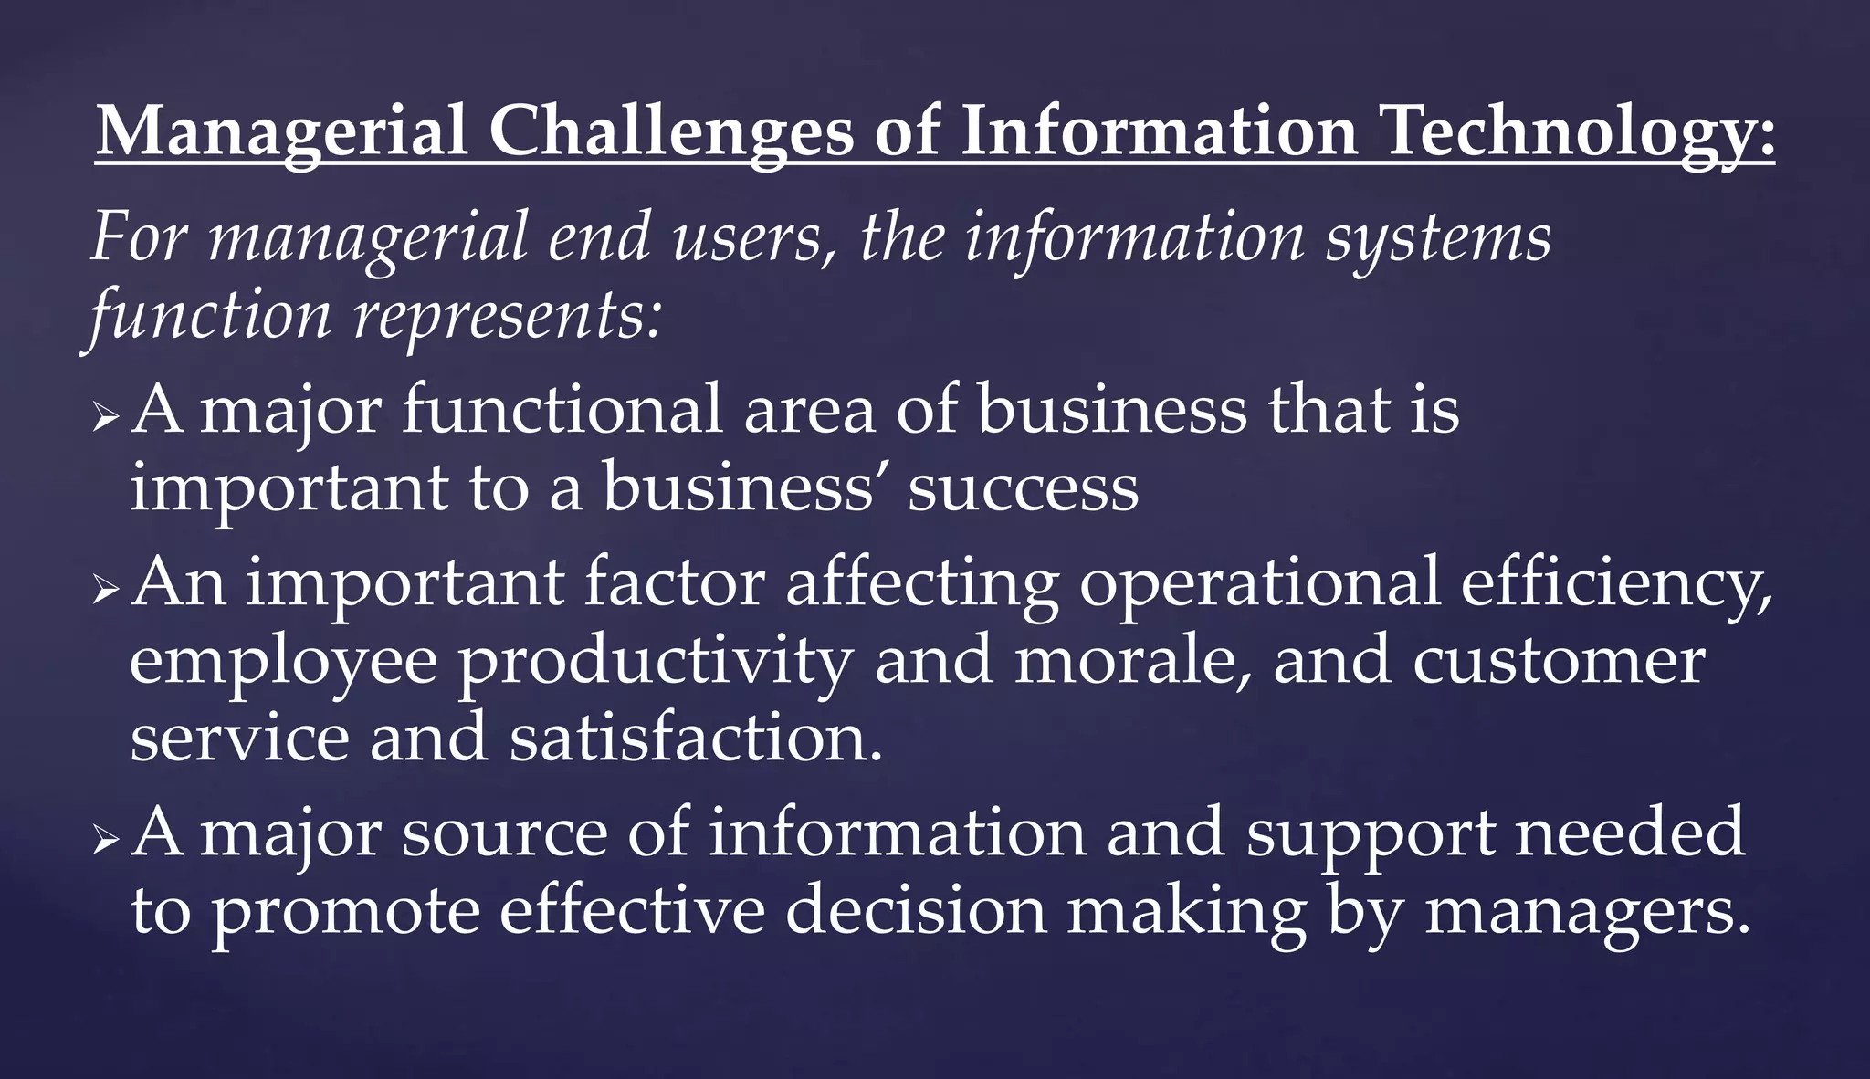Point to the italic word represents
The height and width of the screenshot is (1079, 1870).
[x=507, y=315]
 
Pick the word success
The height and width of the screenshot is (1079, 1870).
[x=1024, y=488]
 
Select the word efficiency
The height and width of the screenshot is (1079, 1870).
[x=1617, y=583]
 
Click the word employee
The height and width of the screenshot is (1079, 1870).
[x=283, y=662]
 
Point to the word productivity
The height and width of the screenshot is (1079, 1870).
[x=655, y=662]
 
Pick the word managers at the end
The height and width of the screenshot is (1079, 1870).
[x=1587, y=912]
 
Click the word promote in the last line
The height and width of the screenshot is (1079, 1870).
[x=345, y=912]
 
